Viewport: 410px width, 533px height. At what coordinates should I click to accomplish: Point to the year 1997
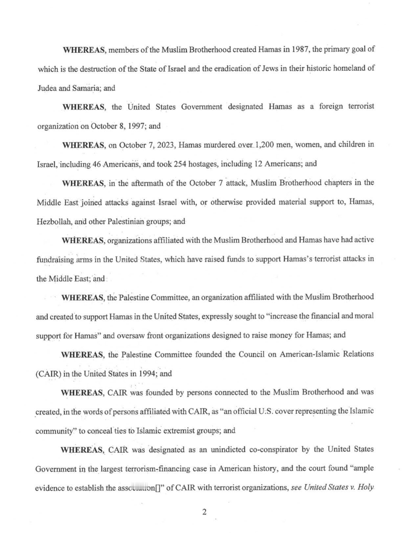(x=137, y=126)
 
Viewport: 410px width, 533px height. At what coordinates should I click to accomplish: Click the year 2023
(x=165, y=145)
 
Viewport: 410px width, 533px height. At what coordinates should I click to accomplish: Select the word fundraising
(x=55, y=259)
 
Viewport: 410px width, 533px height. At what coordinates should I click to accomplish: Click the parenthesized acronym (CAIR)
(x=48, y=374)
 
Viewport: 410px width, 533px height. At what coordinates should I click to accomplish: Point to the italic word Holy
(x=366, y=487)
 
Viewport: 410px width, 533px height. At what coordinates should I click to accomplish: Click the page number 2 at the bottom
(x=204, y=512)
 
